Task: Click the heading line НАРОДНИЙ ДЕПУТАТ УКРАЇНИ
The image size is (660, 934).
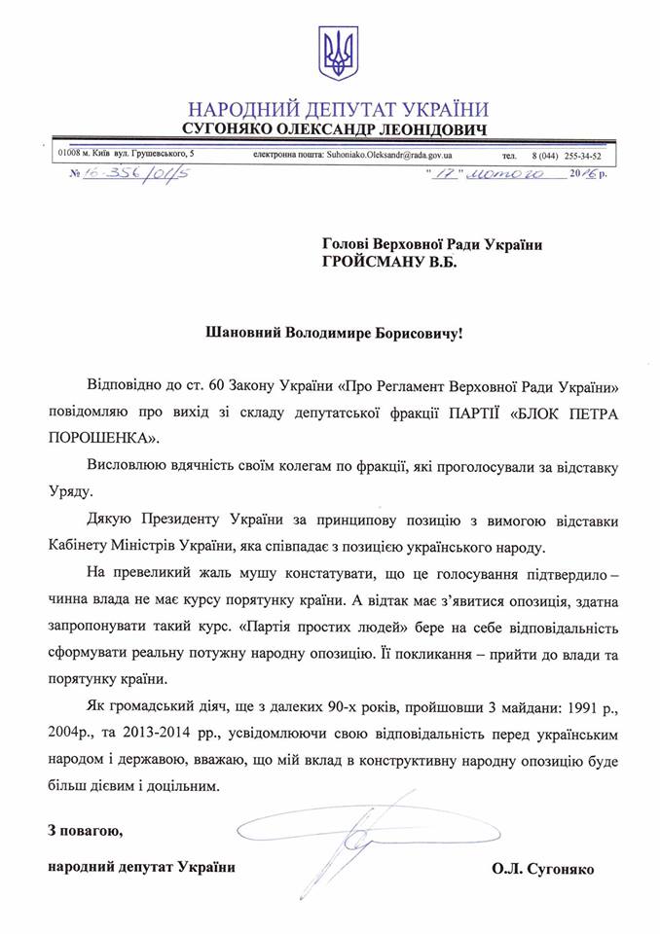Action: [337, 108]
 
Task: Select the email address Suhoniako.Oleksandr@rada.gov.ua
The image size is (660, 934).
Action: [373, 155]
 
